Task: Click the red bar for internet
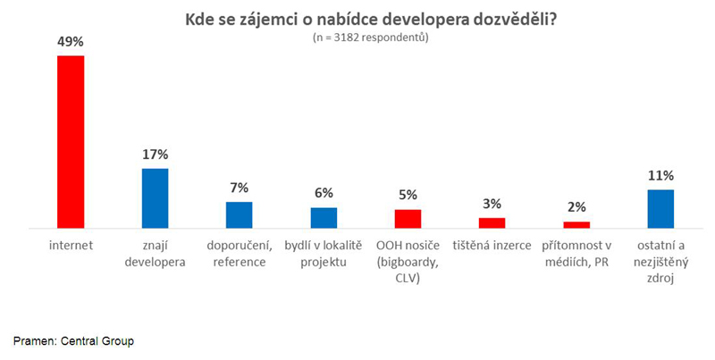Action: click(x=71, y=142)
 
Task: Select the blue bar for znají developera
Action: click(x=155, y=198)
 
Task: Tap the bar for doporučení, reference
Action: click(x=239, y=215)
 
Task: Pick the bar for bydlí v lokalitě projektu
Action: click(x=324, y=218)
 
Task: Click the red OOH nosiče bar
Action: click(x=408, y=219)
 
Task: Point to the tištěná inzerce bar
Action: click(x=492, y=223)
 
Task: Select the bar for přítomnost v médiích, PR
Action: click(x=576, y=225)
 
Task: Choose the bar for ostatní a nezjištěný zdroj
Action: click(x=660, y=209)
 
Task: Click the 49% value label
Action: click(x=71, y=41)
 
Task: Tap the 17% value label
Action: click(x=155, y=154)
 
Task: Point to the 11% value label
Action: click(x=661, y=175)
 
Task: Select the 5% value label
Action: click(x=408, y=195)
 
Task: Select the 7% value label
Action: click(x=239, y=188)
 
